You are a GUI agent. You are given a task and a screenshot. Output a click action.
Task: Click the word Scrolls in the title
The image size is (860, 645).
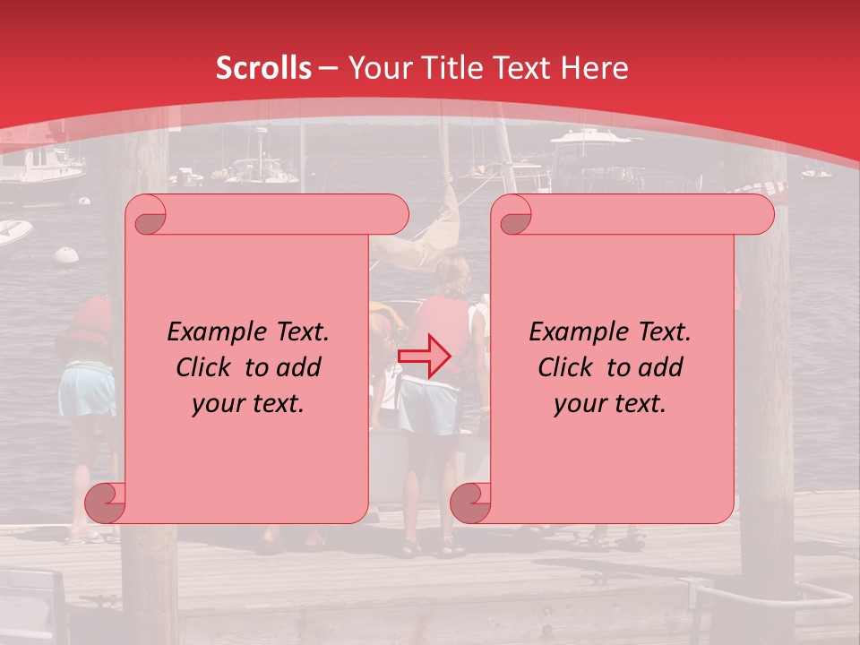click(x=264, y=68)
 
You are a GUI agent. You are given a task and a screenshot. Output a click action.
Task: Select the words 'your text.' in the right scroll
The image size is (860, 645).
click(x=610, y=404)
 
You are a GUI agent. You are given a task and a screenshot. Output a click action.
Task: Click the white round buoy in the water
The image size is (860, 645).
click(x=65, y=254)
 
